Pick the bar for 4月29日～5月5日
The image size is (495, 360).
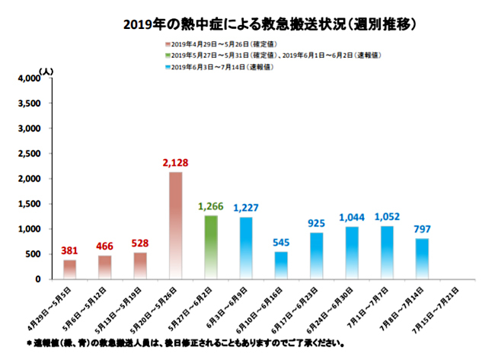click(69, 269)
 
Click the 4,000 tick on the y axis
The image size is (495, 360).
click(28, 78)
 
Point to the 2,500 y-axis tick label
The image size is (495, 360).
click(28, 154)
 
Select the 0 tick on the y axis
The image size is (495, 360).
click(37, 279)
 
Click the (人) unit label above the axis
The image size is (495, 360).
click(47, 70)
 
